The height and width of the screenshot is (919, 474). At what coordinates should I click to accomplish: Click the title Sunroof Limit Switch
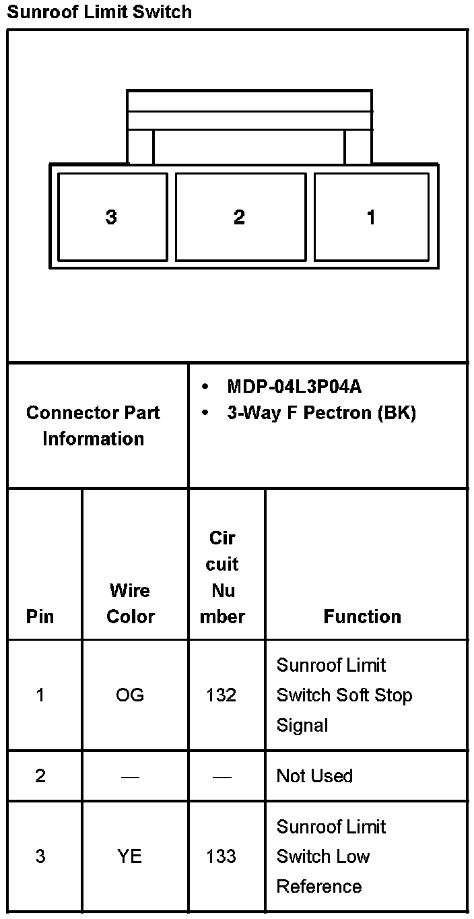click(x=99, y=12)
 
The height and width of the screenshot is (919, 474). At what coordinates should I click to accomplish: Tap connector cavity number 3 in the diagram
click(x=112, y=217)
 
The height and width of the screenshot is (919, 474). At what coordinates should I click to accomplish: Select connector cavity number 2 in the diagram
click(x=240, y=217)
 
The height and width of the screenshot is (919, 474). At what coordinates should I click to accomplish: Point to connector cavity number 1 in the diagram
click(x=371, y=217)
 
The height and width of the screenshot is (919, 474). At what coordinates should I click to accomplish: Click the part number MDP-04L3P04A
click(x=294, y=387)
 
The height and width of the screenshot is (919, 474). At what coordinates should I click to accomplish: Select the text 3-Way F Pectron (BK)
click(x=321, y=413)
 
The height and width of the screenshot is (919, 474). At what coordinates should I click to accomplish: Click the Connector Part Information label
click(x=94, y=426)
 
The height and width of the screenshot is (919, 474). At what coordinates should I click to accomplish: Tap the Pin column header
click(x=40, y=616)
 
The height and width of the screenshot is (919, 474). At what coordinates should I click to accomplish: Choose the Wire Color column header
click(x=131, y=604)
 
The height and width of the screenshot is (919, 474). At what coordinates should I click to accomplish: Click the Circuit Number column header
click(x=223, y=577)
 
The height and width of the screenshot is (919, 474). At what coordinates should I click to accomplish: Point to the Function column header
click(x=362, y=616)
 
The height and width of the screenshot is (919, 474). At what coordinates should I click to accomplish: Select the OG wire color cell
click(x=130, y=695)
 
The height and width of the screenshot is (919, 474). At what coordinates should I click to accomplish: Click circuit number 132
click(x=222, y=695)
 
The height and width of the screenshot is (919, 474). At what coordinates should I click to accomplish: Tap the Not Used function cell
click(x=314, y=776)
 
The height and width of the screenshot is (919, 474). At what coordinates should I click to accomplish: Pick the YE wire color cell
click(x=130, y=857)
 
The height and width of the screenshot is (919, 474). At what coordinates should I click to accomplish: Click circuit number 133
click(x=222, y=857)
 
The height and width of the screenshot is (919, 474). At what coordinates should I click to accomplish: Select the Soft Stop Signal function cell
click(x=344, y=695)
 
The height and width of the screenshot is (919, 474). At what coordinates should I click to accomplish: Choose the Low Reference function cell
click(x=331, y=857)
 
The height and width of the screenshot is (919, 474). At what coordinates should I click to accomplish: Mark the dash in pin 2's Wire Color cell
click(x=130, y=777)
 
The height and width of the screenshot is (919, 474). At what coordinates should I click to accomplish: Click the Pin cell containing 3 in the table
click(x=40, y=857)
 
